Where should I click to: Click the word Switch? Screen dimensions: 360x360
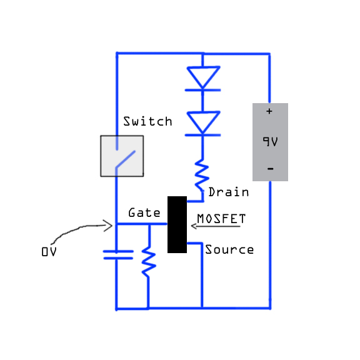(147, 121)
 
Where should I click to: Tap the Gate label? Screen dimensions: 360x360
(144, 212)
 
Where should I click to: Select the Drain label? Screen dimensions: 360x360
(229, 192)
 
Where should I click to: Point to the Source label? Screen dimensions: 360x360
(229, 249)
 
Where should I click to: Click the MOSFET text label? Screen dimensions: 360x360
(221, 219)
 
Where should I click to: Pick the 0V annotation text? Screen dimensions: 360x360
(49, 252)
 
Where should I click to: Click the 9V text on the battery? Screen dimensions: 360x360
(270, 141)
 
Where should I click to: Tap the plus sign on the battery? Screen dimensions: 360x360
(269, 111)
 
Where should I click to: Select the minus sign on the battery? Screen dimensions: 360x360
(271, 169)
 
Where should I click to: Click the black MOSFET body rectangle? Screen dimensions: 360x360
(177, 224)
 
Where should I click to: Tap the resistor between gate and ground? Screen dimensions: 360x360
(149, 262)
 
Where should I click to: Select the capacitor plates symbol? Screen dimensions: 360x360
(118, 255)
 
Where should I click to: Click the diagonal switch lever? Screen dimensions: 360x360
(126, 159)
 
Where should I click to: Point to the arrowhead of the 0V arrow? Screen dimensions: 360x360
(107, 226)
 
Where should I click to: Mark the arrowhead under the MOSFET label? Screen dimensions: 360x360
(194, 226)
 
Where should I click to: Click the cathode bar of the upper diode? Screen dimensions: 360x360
(202, 90)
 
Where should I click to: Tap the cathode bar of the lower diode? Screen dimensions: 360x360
(202, 135)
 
